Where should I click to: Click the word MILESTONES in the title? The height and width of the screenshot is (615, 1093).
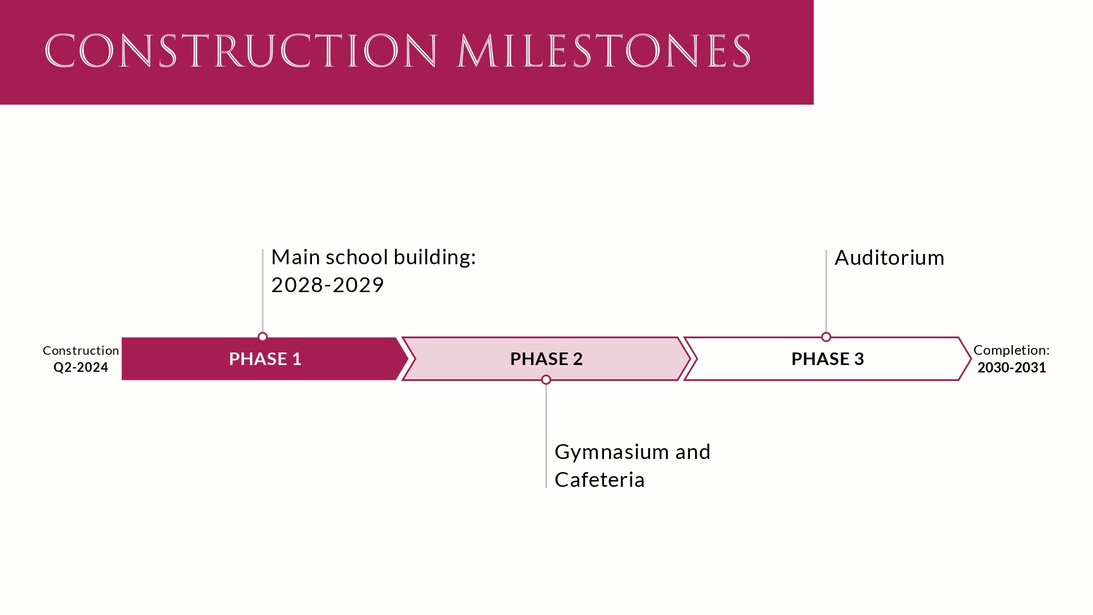pos(604,51)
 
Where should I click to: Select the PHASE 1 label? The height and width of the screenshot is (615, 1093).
pos(265,359)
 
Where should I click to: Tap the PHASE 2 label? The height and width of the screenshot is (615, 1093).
pos(546,359)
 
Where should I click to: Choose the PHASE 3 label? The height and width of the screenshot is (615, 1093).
pos(827,359)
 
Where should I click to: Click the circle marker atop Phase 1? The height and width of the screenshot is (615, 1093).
pos(262,337)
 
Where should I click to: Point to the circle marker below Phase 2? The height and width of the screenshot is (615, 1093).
pos(546,380)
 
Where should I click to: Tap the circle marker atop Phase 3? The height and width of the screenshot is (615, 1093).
pos(826,337)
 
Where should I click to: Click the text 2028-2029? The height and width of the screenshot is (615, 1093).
pos(327,285)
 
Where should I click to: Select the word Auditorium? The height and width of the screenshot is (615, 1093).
pos(889,258)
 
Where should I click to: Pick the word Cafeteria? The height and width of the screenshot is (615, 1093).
pos(599,480)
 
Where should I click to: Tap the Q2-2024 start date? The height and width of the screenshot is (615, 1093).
pos(81,367)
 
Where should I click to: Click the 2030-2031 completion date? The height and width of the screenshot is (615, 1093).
pos(1012,367)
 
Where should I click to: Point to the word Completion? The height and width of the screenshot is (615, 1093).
pos(1011,350)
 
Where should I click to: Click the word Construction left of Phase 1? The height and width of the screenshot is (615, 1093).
pos(81,350)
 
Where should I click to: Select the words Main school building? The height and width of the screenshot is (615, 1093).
pos(373,257)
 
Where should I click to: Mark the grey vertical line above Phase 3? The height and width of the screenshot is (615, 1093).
pos(826,290)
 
